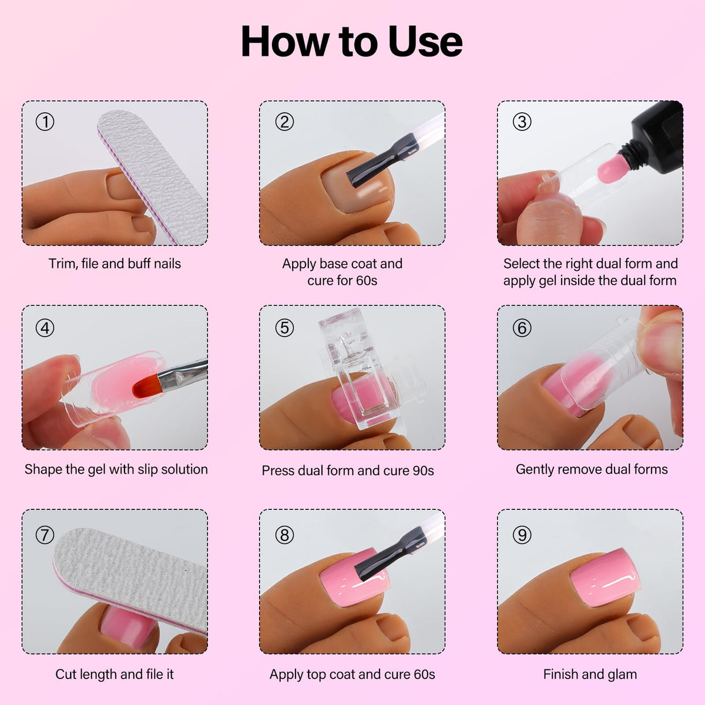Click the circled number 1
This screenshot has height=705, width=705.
[x=45, y=122]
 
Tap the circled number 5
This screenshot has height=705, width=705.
[x=284, y=327]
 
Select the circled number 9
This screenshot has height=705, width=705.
[x=522, y=535]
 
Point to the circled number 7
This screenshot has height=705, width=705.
[x=45, y=535]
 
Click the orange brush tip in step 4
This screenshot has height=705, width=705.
[x=145, y=387]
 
